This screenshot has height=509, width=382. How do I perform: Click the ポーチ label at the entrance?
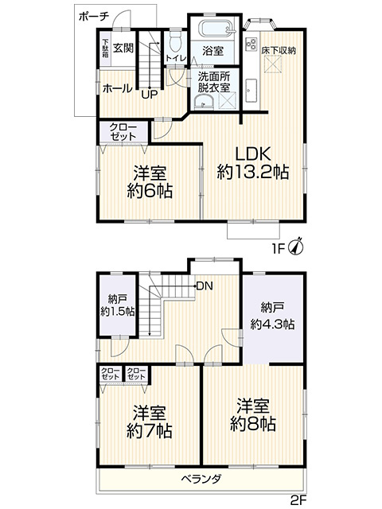(x=94, y=16)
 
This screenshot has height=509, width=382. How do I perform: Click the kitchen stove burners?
(x=251, y=44)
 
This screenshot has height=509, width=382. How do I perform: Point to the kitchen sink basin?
(x=251, y=90)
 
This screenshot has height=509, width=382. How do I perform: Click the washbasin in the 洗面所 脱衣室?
(x=204, y=102)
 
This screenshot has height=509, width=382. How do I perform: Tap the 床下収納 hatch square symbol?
(x=271, y=64)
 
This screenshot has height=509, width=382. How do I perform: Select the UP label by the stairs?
(x=149, y=95)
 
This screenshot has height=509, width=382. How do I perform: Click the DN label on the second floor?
(x=205, y=286)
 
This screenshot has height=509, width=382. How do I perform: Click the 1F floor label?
(x=279, y=249)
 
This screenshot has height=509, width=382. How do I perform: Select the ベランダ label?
(x=201, y=479)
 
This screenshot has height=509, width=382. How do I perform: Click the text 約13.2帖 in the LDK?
(x=253, y=172)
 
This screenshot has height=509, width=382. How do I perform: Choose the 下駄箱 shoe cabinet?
(x=105, y=49)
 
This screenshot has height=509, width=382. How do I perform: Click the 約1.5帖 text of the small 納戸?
(x=118, y=312)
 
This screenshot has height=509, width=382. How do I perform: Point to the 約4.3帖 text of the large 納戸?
(x=272, y=324)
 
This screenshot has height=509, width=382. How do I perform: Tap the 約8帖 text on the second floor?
(x=253, y=424)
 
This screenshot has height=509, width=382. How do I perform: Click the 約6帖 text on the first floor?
(x=150, y=191)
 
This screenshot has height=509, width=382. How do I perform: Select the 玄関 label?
(x=123, y=49)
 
